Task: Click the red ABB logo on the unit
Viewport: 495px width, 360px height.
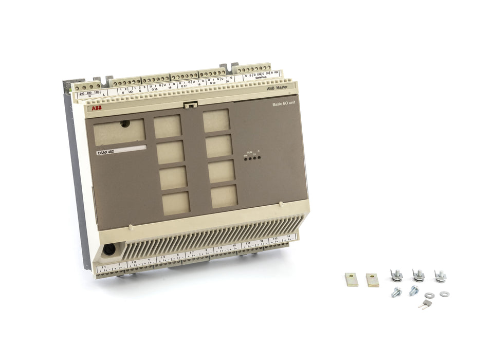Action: [x=97, y=108]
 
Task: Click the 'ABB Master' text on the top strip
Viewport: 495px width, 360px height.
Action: [x=278, y=88]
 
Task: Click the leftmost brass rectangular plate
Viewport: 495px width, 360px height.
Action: [x=352, y=279]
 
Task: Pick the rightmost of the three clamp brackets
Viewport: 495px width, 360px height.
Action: [x=440, y=276]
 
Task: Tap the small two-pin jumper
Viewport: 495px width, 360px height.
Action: [x=425, y=303]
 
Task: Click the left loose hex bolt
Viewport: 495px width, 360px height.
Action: [x=396, y=292]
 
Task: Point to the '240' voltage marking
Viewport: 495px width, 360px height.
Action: [x=82, y=93]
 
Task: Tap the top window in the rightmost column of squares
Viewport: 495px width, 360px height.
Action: [x=216, y=121]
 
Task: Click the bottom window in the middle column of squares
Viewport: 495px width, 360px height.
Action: [x=176, y=203]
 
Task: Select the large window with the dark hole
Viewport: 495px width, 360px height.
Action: [x=119, y=132]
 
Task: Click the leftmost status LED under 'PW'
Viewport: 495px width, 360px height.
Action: [x=246, y=158]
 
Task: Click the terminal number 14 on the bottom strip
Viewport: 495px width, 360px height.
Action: [x=289, y=237]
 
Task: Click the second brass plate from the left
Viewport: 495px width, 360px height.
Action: [x=372, y=280]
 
